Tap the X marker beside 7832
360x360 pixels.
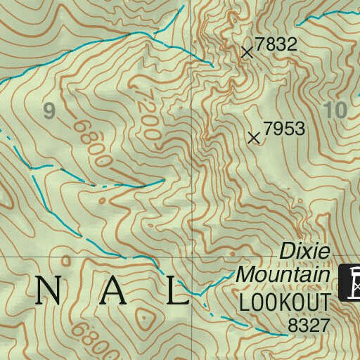[x=247, y=51]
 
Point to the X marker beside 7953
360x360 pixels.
[x=255, y=138]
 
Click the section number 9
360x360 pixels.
[x=49, y=110]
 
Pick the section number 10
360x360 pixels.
[x=336, y=110]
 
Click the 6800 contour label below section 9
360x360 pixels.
[x=91, y=143]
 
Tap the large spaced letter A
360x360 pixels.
[x=113, y=290]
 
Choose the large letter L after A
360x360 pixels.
[x=180, y=290]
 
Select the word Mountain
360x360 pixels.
[x=283, y=274]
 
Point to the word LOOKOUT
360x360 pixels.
[x=284, y=302]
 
